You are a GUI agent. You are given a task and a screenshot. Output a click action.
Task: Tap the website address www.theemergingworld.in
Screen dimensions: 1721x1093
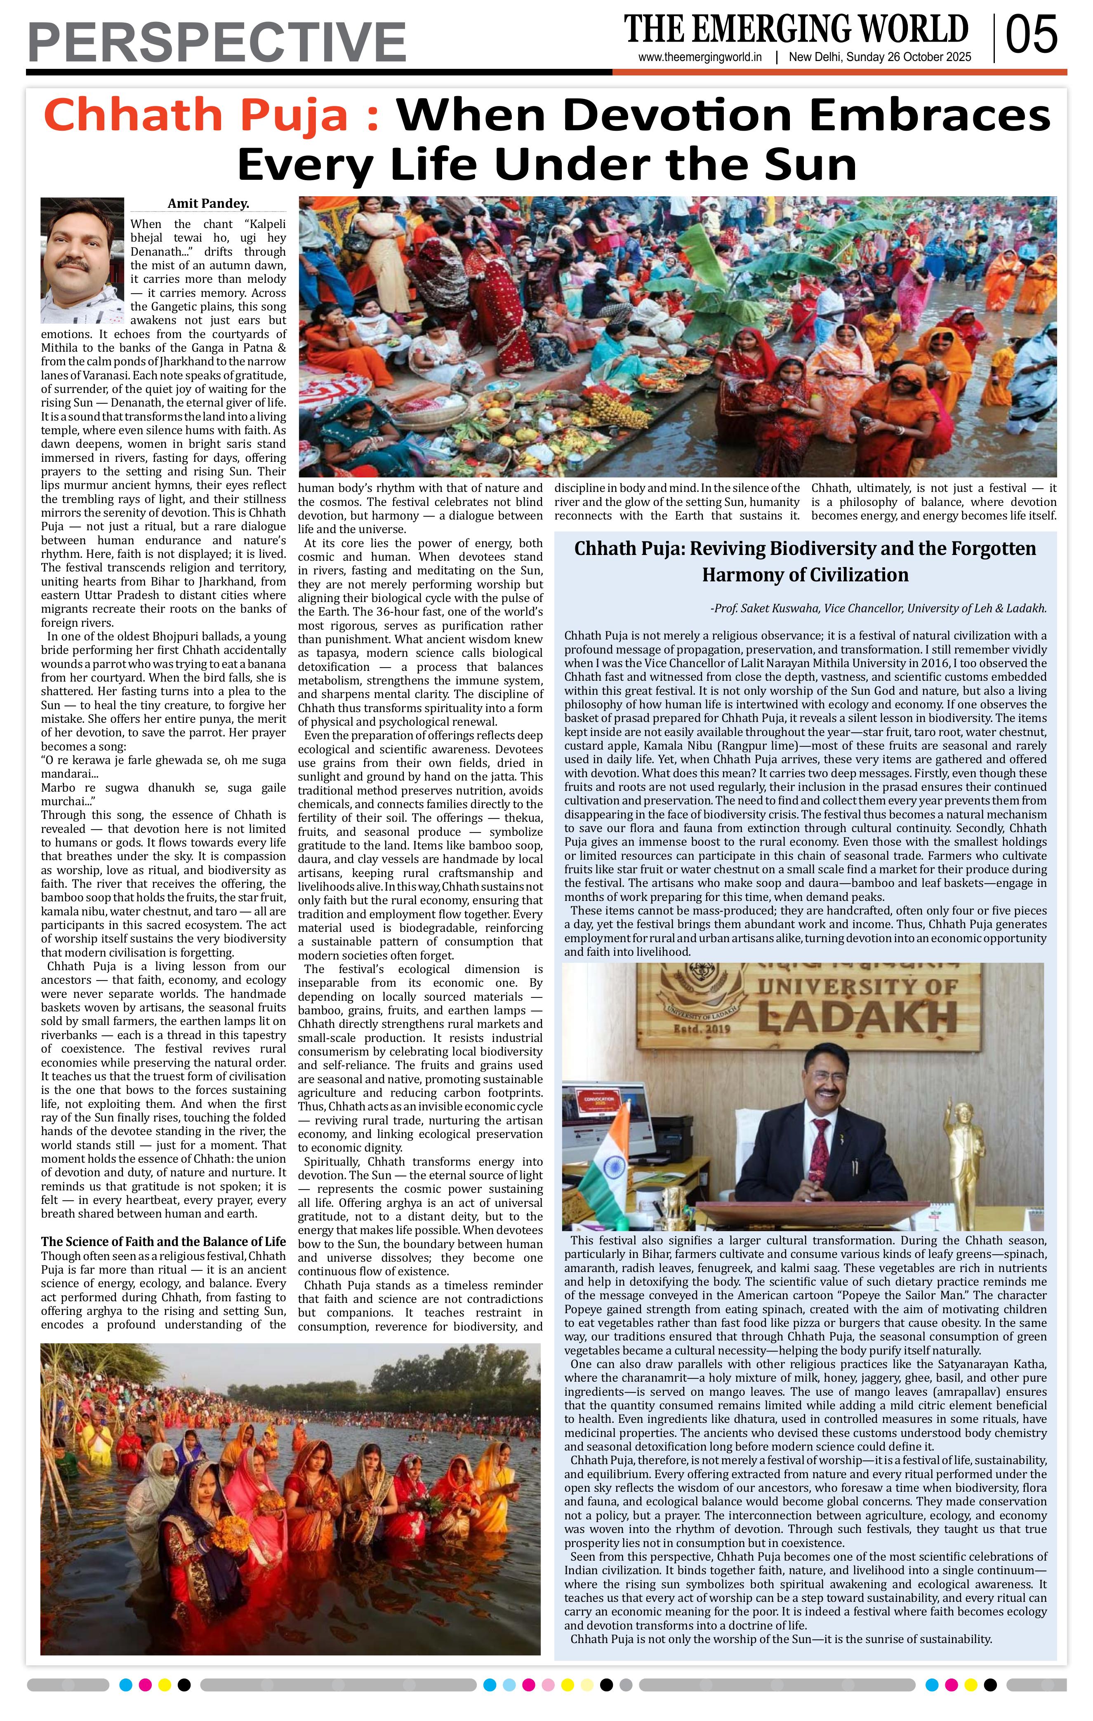700,58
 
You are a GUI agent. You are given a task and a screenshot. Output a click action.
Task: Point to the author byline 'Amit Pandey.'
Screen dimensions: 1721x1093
208,204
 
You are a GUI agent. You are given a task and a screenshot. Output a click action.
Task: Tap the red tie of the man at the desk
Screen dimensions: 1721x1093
821,1143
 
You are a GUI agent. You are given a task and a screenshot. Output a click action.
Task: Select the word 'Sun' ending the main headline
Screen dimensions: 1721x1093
810,165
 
